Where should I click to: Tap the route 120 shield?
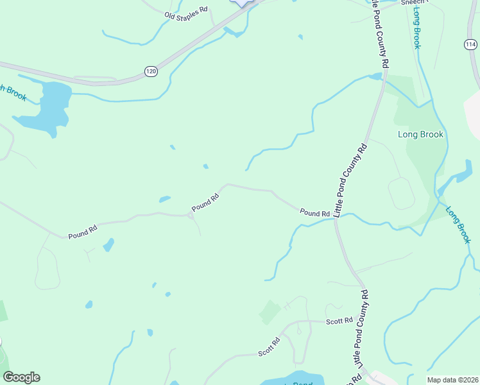click(151, 71)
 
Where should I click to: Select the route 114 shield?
click(471, 44)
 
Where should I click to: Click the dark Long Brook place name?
click(420, 135)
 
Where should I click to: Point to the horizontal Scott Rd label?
click(339, 320)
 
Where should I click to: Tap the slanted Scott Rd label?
click(270, 346)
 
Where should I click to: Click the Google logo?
click(21, 377)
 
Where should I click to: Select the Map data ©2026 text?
click(452, 380)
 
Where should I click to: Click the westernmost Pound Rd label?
click(83, 231)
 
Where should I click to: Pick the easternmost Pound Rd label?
click(314, 213)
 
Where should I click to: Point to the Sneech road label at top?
click(413, 3)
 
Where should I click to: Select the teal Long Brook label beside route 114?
click(416, 29)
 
